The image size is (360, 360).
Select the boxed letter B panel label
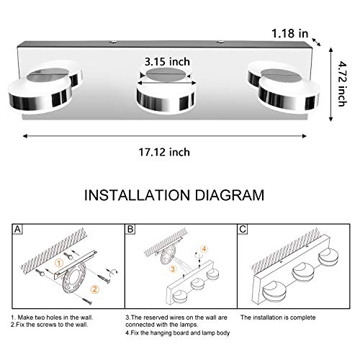tap(130, 230)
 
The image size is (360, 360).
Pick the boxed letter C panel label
tap(243, 230)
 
